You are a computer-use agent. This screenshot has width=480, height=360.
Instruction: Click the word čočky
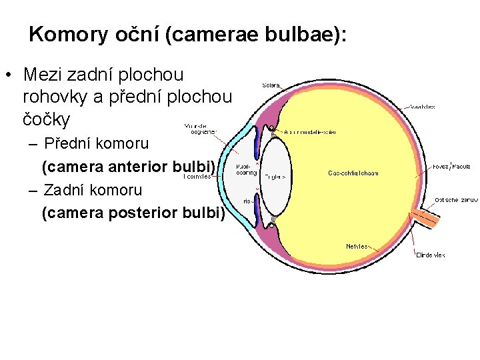pyautogui.click(x=46, y=120)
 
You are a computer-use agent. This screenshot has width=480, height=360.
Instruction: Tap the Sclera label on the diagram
pyautogui.click(x=271, y=85)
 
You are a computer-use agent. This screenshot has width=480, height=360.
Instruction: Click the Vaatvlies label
pyautogui.click(x=422, y=107)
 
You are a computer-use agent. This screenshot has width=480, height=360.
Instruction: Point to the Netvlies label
pyautogui.click(x=357, y=246)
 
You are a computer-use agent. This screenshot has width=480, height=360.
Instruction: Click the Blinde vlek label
pyautogui.click(x=430, y=254)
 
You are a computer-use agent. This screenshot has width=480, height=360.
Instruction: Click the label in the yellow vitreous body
pyautogui.click(x=353, y=173)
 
